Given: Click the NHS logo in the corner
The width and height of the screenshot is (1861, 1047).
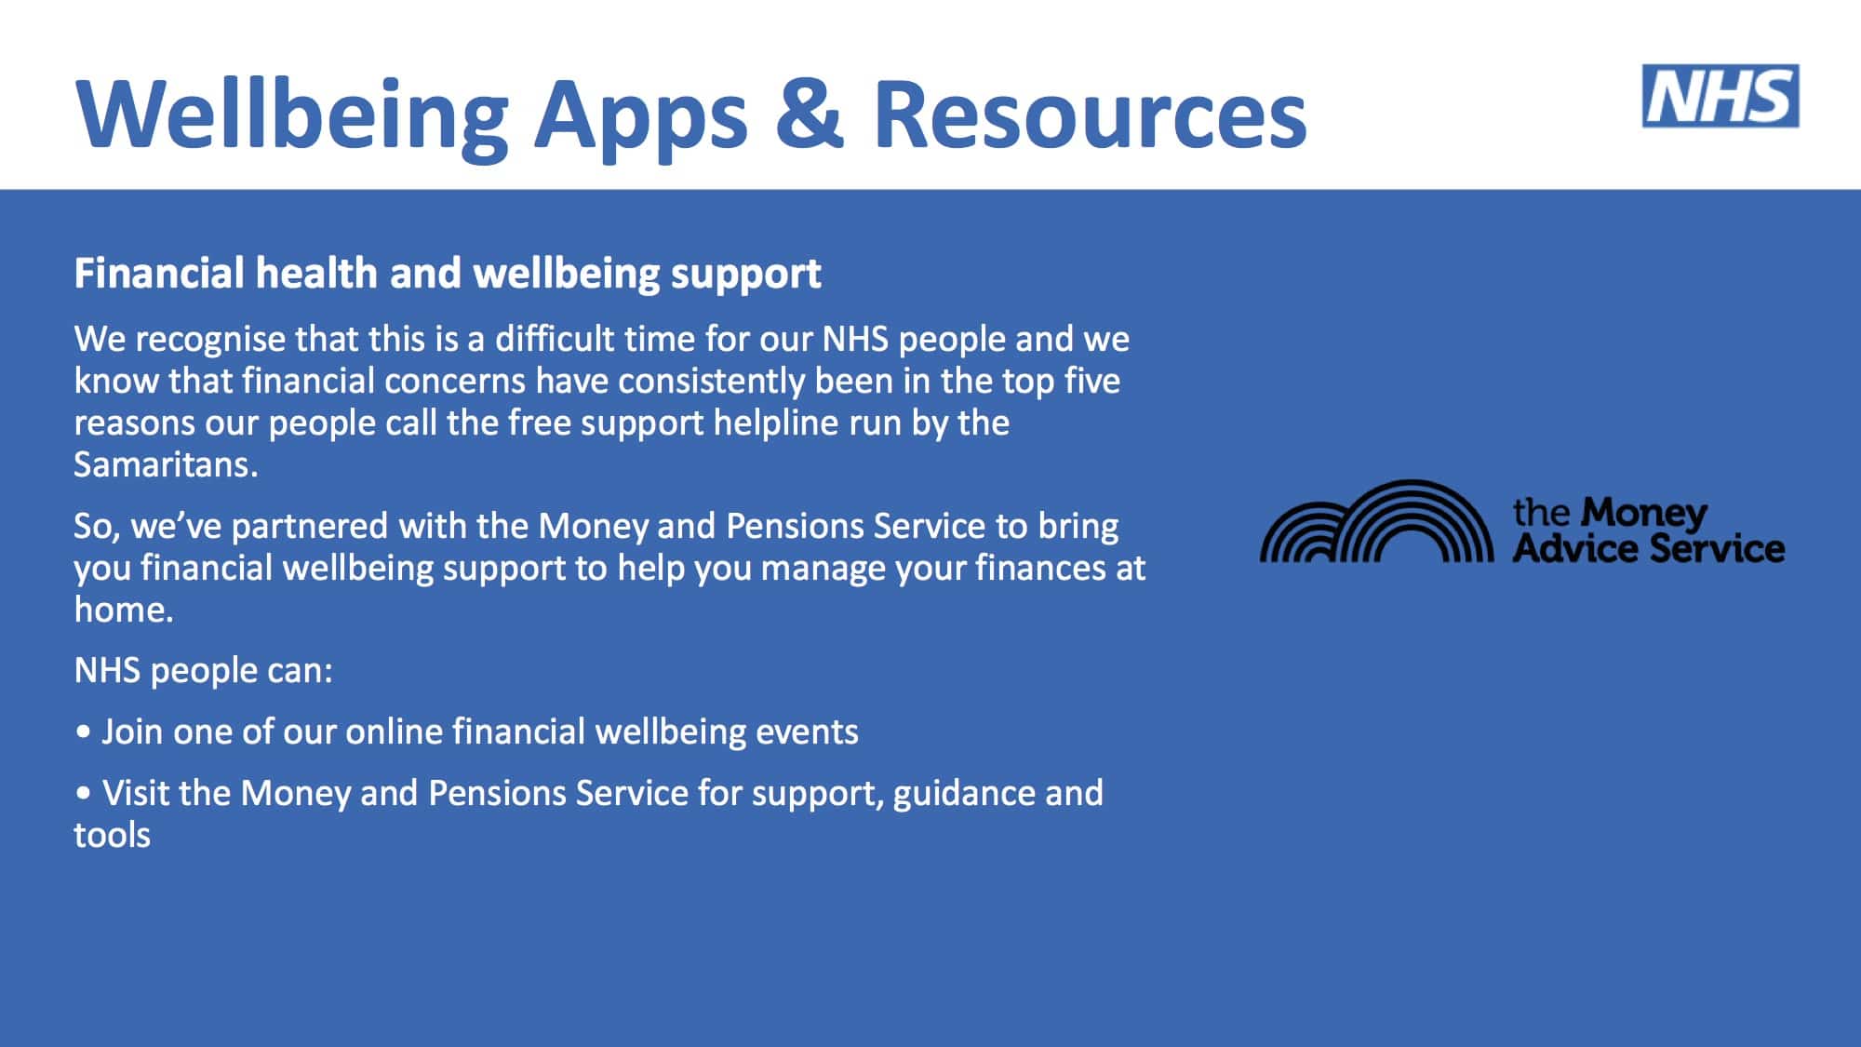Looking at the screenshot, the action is point(1720,96).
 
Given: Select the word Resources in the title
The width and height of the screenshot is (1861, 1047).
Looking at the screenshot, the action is point(1091,114).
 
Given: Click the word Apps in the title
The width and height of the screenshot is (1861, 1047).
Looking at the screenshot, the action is point(640,119).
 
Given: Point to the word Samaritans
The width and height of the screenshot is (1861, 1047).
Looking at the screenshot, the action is point(165,463).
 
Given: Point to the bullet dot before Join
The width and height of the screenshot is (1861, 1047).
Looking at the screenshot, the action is point(84,732).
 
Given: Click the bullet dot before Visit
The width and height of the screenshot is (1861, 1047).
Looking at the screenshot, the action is point(84,794).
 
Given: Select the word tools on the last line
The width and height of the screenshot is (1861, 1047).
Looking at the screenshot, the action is point(112,835).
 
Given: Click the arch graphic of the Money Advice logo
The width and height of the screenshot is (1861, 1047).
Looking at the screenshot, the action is point(1377,521).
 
